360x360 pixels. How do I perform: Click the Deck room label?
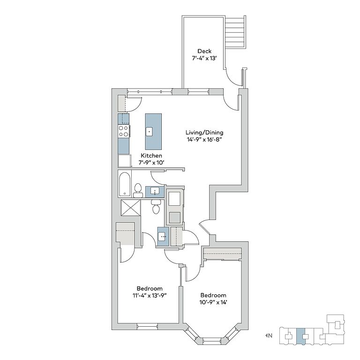204,51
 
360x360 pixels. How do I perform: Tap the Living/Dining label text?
204,133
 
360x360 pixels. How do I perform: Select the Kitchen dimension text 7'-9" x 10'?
151,163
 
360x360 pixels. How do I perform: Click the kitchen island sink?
149,132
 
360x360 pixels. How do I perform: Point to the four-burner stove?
124,131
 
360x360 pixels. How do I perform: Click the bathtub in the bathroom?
125,184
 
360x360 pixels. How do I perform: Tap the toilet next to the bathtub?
138,191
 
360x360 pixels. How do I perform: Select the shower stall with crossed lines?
130,208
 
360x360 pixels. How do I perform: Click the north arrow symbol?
267,336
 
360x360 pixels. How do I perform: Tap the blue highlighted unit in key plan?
301,336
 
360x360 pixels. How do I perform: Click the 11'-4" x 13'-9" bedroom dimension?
150,295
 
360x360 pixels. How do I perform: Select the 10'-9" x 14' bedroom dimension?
213,302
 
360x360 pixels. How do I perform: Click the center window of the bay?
212,339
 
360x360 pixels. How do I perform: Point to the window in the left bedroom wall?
147,326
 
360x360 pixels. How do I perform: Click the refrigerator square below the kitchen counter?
125,161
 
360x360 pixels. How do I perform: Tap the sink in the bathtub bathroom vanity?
155,191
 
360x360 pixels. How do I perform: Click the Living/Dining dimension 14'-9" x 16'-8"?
204,139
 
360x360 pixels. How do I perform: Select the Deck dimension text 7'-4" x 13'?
204,58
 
